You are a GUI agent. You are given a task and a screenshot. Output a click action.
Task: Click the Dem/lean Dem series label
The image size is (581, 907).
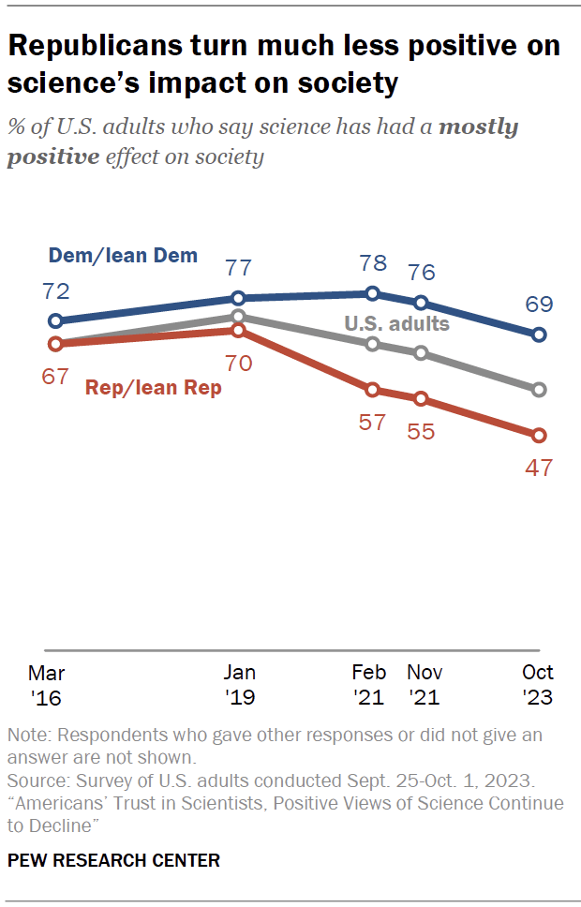pos(122,254)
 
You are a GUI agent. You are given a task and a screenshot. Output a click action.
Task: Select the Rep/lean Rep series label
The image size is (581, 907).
pos(154,387)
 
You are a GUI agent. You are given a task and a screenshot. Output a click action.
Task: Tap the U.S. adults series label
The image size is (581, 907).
pos(396,324)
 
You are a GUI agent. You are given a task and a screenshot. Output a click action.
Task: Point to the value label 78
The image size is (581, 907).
pos(373,263)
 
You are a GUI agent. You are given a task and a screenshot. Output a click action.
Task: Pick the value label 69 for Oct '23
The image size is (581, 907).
pos(539,305)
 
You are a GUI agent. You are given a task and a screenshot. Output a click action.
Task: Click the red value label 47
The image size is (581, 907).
pos(539,468)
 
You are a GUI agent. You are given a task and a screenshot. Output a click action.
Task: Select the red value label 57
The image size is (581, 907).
pos(373,422)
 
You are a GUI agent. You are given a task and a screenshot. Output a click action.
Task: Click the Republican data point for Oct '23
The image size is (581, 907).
pos(539,436)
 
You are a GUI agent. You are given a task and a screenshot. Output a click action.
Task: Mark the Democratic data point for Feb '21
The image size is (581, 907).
pos(373,293)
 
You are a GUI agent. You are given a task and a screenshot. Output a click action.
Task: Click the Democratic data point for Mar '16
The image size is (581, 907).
pos(56,320)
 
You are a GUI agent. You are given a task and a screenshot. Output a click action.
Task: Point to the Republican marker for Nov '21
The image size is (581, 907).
pos(421,398)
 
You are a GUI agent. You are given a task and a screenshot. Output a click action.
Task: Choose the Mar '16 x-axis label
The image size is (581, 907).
pos(47,685)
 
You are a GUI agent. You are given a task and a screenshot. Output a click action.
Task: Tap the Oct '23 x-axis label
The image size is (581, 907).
pos(538,685)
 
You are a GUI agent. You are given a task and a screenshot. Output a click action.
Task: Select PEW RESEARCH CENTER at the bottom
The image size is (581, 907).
pos(113,860)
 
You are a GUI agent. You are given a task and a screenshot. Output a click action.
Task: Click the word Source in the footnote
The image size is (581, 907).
pos(35,781)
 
